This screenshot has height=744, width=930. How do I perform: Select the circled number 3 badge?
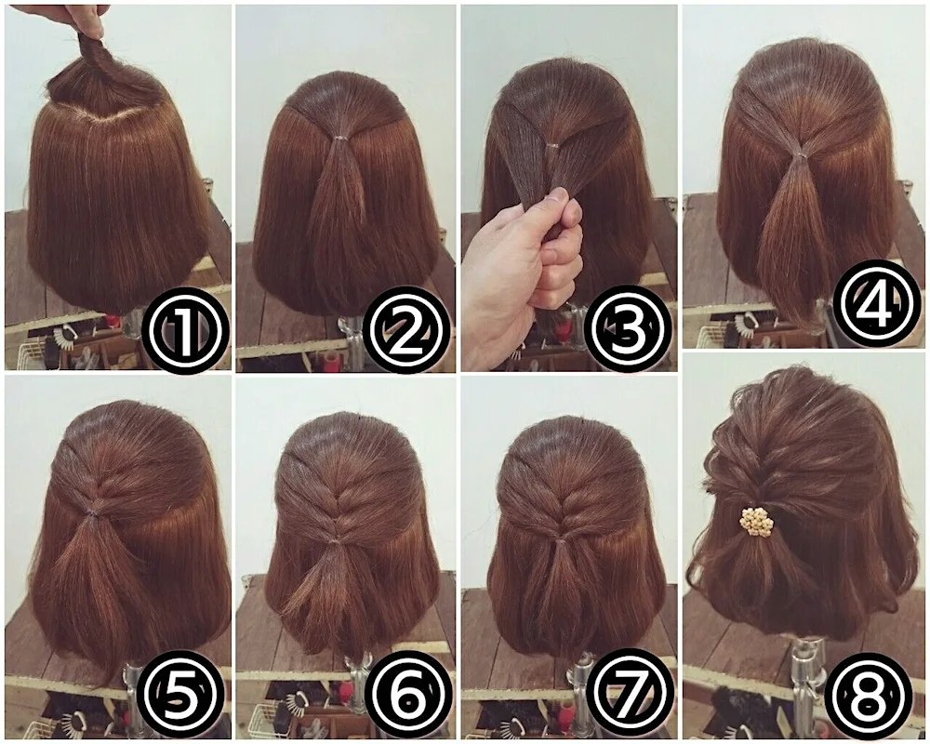(x=631, y=328)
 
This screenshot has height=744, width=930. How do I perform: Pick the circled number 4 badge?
(x=876, y=303)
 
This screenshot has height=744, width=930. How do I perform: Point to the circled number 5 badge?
(x=181, y=692)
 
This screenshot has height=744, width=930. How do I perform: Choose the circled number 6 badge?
(x=408, y=692)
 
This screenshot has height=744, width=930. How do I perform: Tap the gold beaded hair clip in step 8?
(x=756, y=521)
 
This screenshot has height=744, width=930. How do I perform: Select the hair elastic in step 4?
(x=797, y=153)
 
